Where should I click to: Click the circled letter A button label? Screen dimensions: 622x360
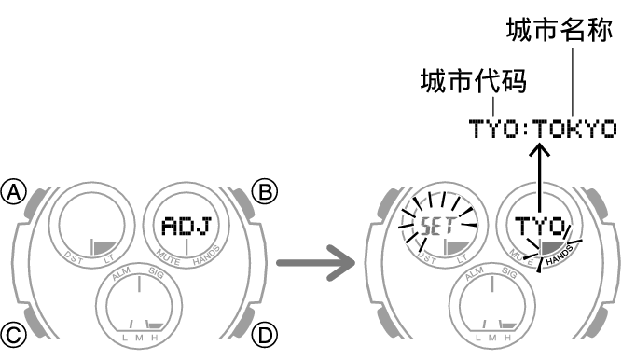pyautogui.click(x=14, y=193)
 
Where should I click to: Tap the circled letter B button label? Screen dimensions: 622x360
pyautogui.click(x=267, y=193)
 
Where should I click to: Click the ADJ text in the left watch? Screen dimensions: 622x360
pyautogui.click(x=187, y=226)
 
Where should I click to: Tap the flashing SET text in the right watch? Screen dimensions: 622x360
pyautogui.click(x=435, y=226)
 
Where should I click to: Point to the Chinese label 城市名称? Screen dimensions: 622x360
pyautogui.click(x=560, y=31)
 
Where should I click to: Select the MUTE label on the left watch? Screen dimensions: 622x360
pyautogui.click(x=168, y=255)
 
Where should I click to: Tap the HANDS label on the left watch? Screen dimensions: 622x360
pyautogui.click(x=204, y=255)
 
